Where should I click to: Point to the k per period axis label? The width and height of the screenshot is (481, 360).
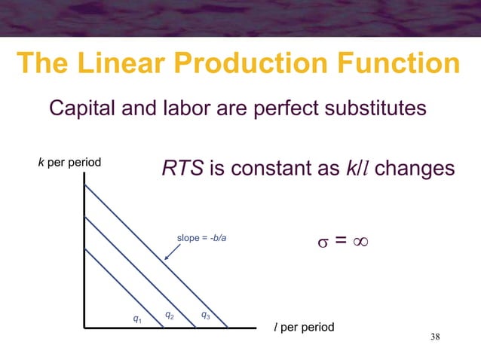pos(69,162)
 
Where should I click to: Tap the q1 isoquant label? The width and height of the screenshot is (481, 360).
pos(136,319)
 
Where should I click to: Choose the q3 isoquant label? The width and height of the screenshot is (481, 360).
pos(205,314)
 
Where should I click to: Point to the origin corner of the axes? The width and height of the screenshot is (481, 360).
pos(84,328)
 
